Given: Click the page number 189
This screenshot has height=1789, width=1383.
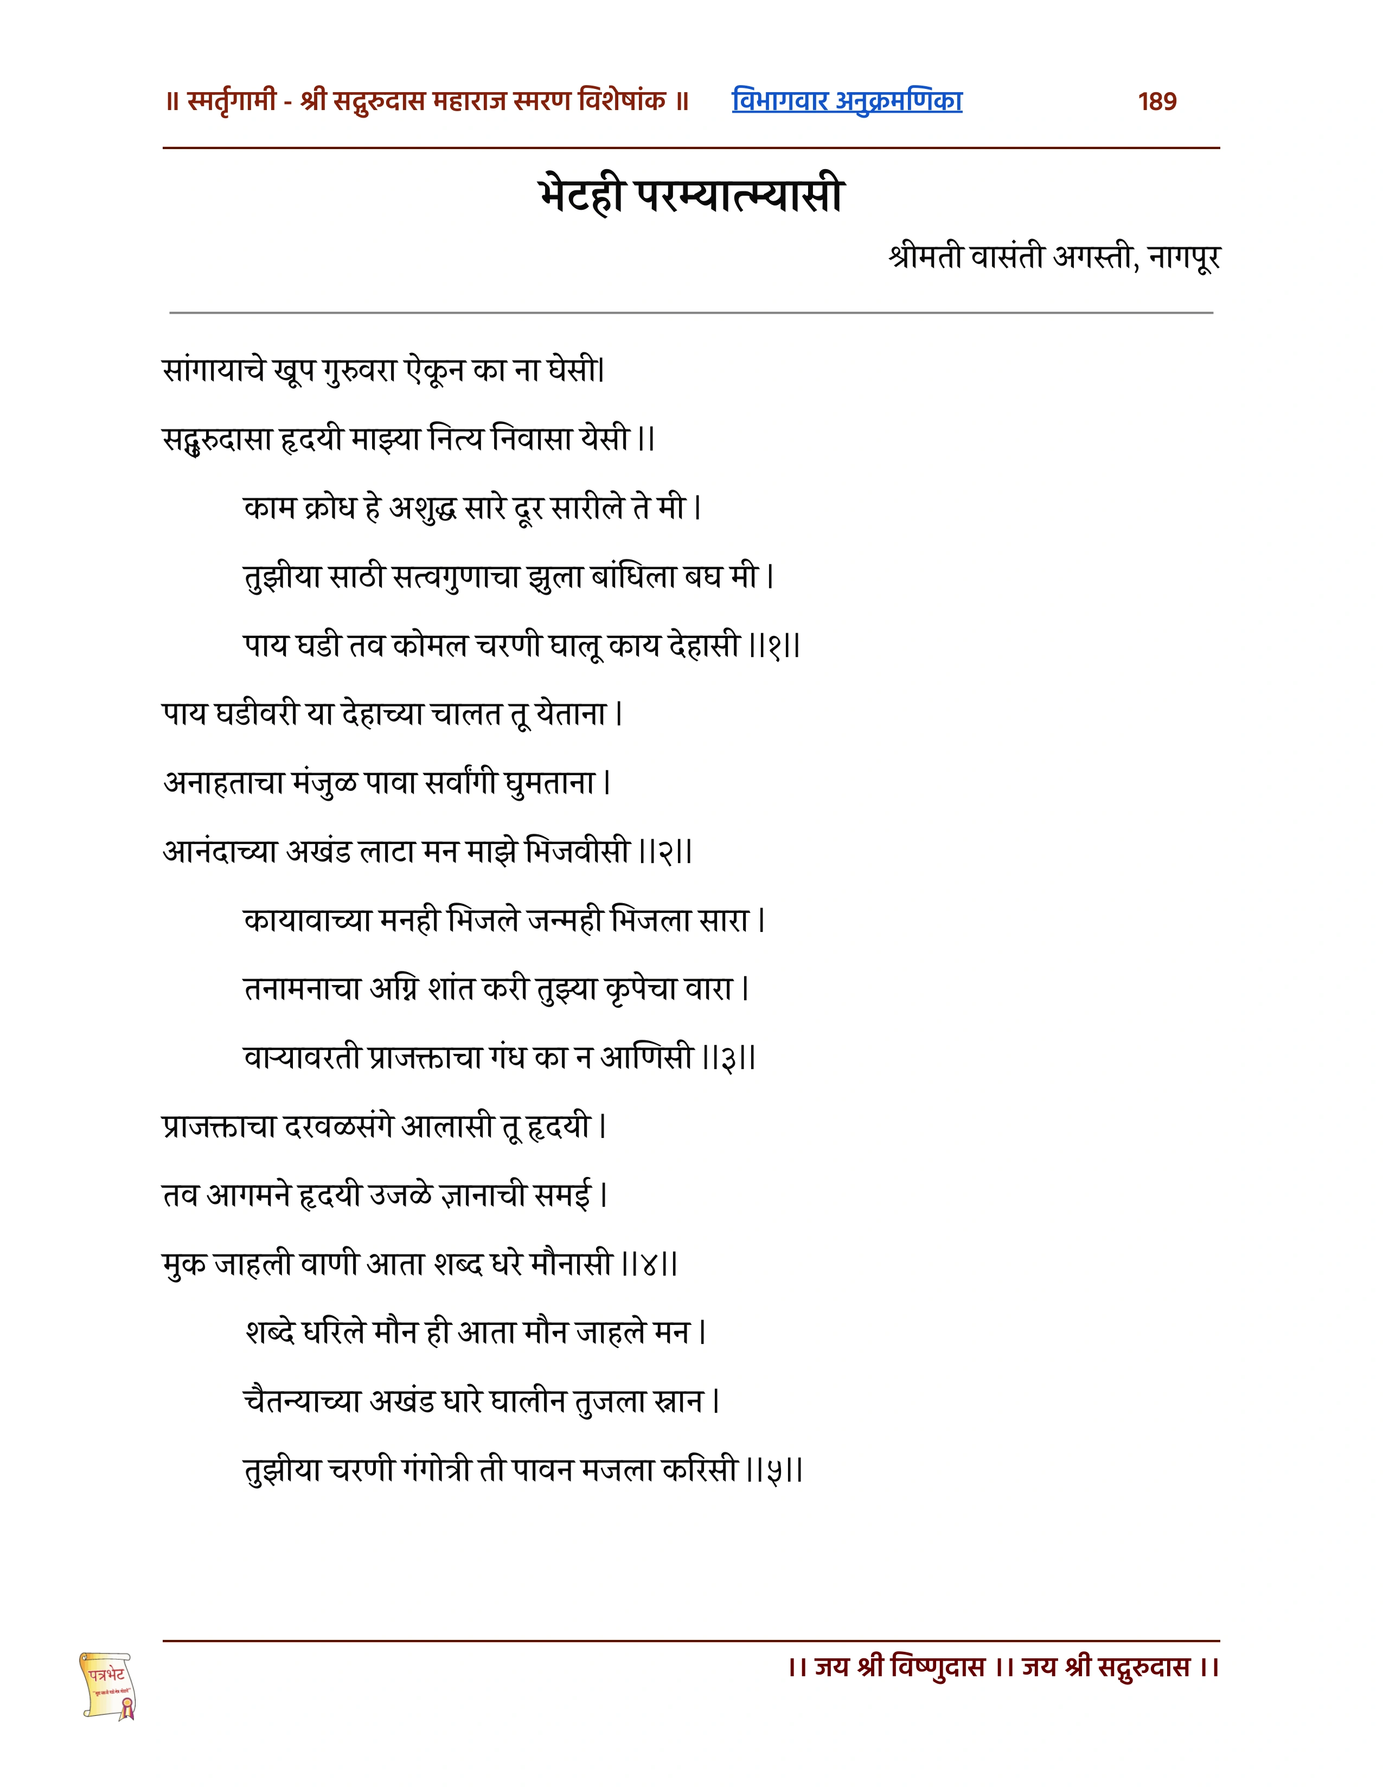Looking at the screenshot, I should pyautogui.click(x=1157, y=101).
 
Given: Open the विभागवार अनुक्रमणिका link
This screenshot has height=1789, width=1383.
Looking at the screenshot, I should pyautogui.click(x=847, y=101).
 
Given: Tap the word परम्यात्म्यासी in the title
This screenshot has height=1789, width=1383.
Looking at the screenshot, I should pyautogui.click(x=740, y=196).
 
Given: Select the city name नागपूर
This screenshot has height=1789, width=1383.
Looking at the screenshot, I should pyautogui.click(x=1184, y=257).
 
